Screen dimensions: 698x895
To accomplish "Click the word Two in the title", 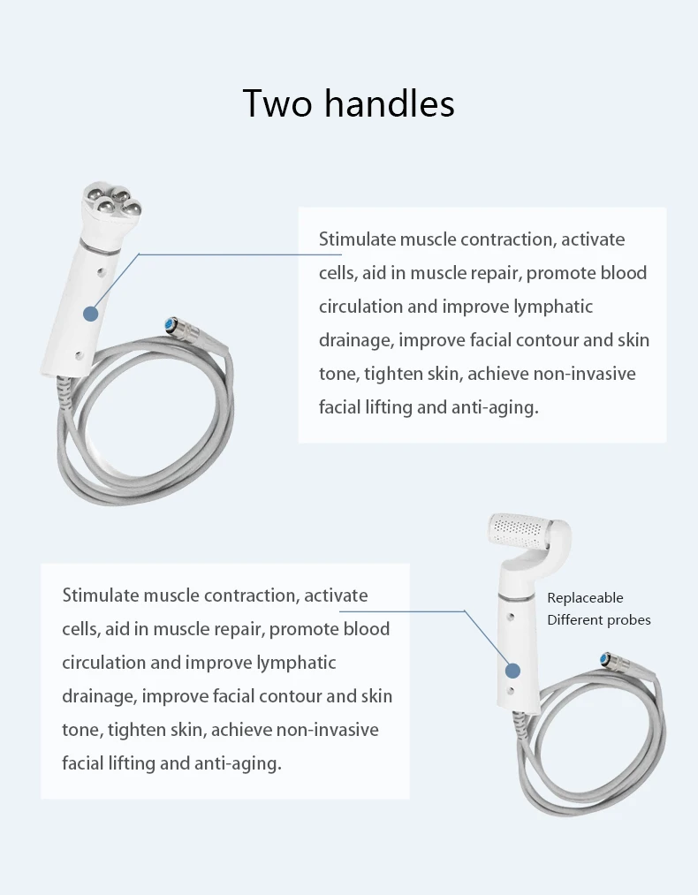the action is point(277,103).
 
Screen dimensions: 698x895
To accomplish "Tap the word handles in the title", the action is point(389,103).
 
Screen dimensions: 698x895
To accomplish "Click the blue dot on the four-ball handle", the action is point(89,313).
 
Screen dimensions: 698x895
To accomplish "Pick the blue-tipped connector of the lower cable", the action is point(606,658).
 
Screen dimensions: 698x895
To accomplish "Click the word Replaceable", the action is point(585,598).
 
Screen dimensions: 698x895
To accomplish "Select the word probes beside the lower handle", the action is point(628,620).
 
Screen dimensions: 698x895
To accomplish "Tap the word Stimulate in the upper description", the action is point(357,239).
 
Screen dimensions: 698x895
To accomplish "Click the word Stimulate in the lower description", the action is point(100,595).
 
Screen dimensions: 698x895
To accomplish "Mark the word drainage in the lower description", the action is point(96,696).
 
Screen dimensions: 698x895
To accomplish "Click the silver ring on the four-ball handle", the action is point(97,241).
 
